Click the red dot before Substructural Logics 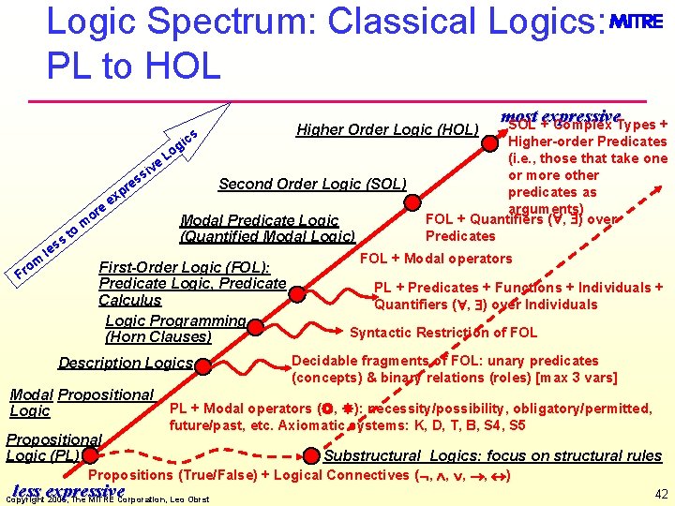[312, 456]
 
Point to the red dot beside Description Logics [202, 363]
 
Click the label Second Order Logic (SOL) [311, 184]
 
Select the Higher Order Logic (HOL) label [387, 129]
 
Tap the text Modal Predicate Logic [259, 221]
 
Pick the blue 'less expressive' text [68, 491]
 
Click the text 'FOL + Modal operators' [437, 259]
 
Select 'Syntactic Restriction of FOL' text [443, 332]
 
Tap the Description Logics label [126, 363]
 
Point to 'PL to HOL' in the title [132, 65]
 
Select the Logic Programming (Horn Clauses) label [176, 329]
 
